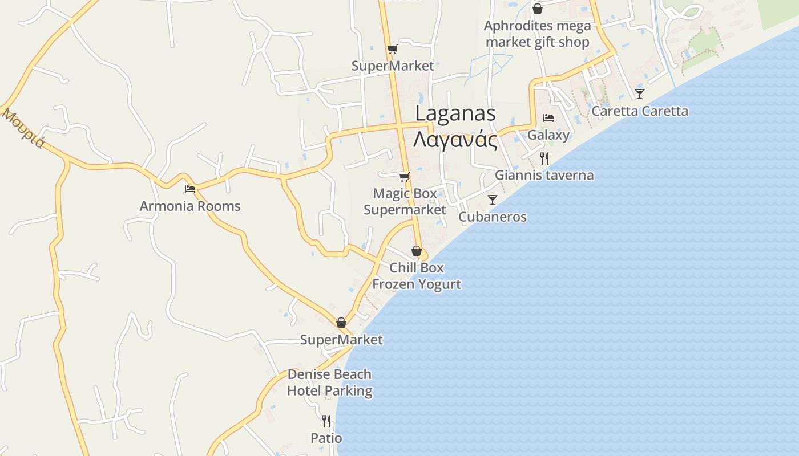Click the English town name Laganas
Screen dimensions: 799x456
(455, 113)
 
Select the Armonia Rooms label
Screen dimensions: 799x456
(190, 206)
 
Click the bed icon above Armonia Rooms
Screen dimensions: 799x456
(190, 189)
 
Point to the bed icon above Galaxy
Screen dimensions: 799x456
(548, 118)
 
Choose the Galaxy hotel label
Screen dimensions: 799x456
(548, 135)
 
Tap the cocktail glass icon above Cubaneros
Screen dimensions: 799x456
(493, 200)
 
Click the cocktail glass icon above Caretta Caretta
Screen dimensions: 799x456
(640, 94)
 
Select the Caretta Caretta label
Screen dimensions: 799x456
(640, 111)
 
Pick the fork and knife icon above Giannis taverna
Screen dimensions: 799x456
(544, 158)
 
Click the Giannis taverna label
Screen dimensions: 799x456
(544, 175)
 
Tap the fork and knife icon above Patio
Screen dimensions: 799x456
(326, 421)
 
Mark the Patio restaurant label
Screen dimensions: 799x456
(326, 438)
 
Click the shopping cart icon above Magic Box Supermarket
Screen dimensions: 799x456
(405, 177)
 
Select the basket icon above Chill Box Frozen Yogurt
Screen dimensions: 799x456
(417, 251)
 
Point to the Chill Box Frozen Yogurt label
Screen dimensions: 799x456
(417, 275)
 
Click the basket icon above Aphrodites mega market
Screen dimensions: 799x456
(537, 9)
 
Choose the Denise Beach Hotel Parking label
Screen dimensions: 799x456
(329, 382)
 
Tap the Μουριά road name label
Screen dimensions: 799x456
(23, 128)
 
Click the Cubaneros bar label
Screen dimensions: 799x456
(493, 217)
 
